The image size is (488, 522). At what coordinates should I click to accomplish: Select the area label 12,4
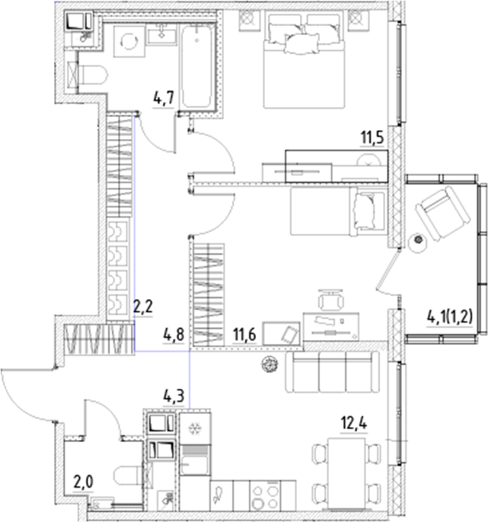(x=352, y=419)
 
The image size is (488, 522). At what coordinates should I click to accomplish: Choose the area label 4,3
(x=174, y=396)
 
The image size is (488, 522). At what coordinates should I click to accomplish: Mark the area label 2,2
(x=143, y=307)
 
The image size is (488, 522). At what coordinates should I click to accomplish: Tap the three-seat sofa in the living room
(x=331, y=372)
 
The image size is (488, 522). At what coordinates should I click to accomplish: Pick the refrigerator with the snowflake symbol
(x=193, y=428)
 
